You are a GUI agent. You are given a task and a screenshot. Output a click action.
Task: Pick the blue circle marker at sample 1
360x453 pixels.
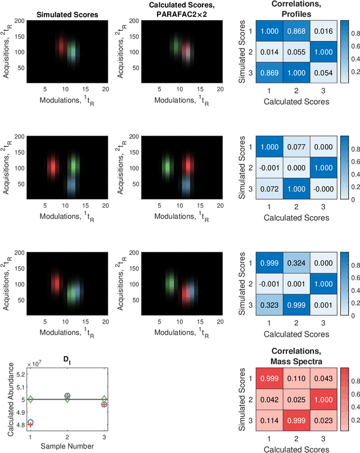click(30, 422)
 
